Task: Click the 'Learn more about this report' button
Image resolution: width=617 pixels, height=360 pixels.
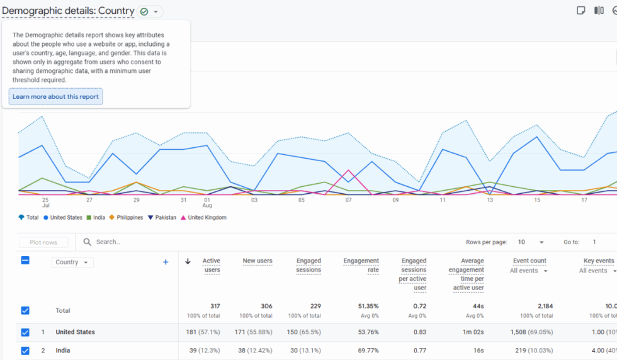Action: tap(55, 97)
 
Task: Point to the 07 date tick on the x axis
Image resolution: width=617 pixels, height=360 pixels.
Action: tap(348, 200)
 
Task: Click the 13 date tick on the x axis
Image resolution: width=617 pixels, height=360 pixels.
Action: tap(490, 200)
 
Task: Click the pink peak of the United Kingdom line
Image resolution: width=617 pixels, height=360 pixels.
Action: tap(348, 170)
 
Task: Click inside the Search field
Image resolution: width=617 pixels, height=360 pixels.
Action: tap(189, 242)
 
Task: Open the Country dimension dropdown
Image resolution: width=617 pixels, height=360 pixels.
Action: tap(72, 262)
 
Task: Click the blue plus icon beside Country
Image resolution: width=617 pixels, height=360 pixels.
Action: tap(166, 262)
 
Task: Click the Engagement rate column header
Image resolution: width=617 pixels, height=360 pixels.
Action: tap(361, 265)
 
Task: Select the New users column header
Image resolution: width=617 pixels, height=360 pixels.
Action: tap(257, 261)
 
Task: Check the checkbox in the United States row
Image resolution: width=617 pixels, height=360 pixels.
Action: tap(25, 332)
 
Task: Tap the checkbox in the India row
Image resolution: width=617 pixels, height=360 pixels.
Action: tap(25, 351)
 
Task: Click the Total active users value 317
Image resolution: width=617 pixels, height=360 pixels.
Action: tap(214, 306)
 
